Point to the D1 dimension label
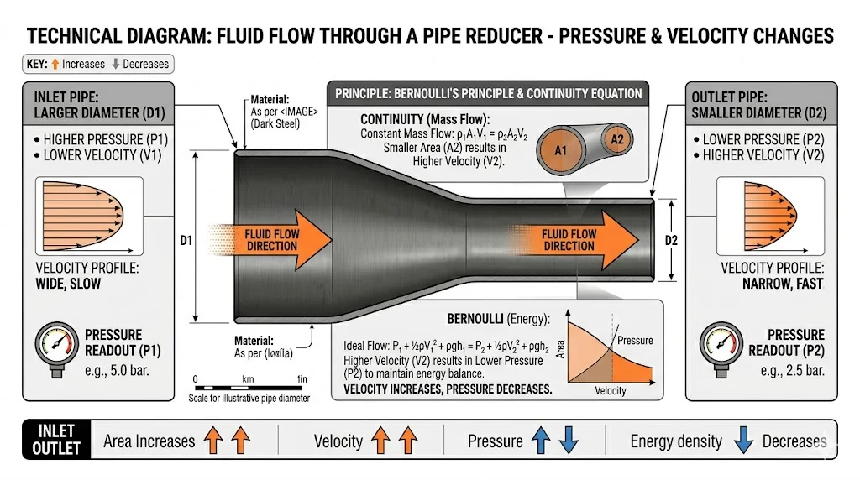[x=186, y=241]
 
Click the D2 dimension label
[x=671, y=241]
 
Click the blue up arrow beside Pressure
[x=542, y=441]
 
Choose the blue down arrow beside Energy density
[x=742, y=441]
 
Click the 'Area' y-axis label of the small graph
[x=561, y=346]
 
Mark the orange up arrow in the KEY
[x=56, y=64]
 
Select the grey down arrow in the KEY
[x=116, y=64]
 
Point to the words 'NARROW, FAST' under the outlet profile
[x=783, y=284]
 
